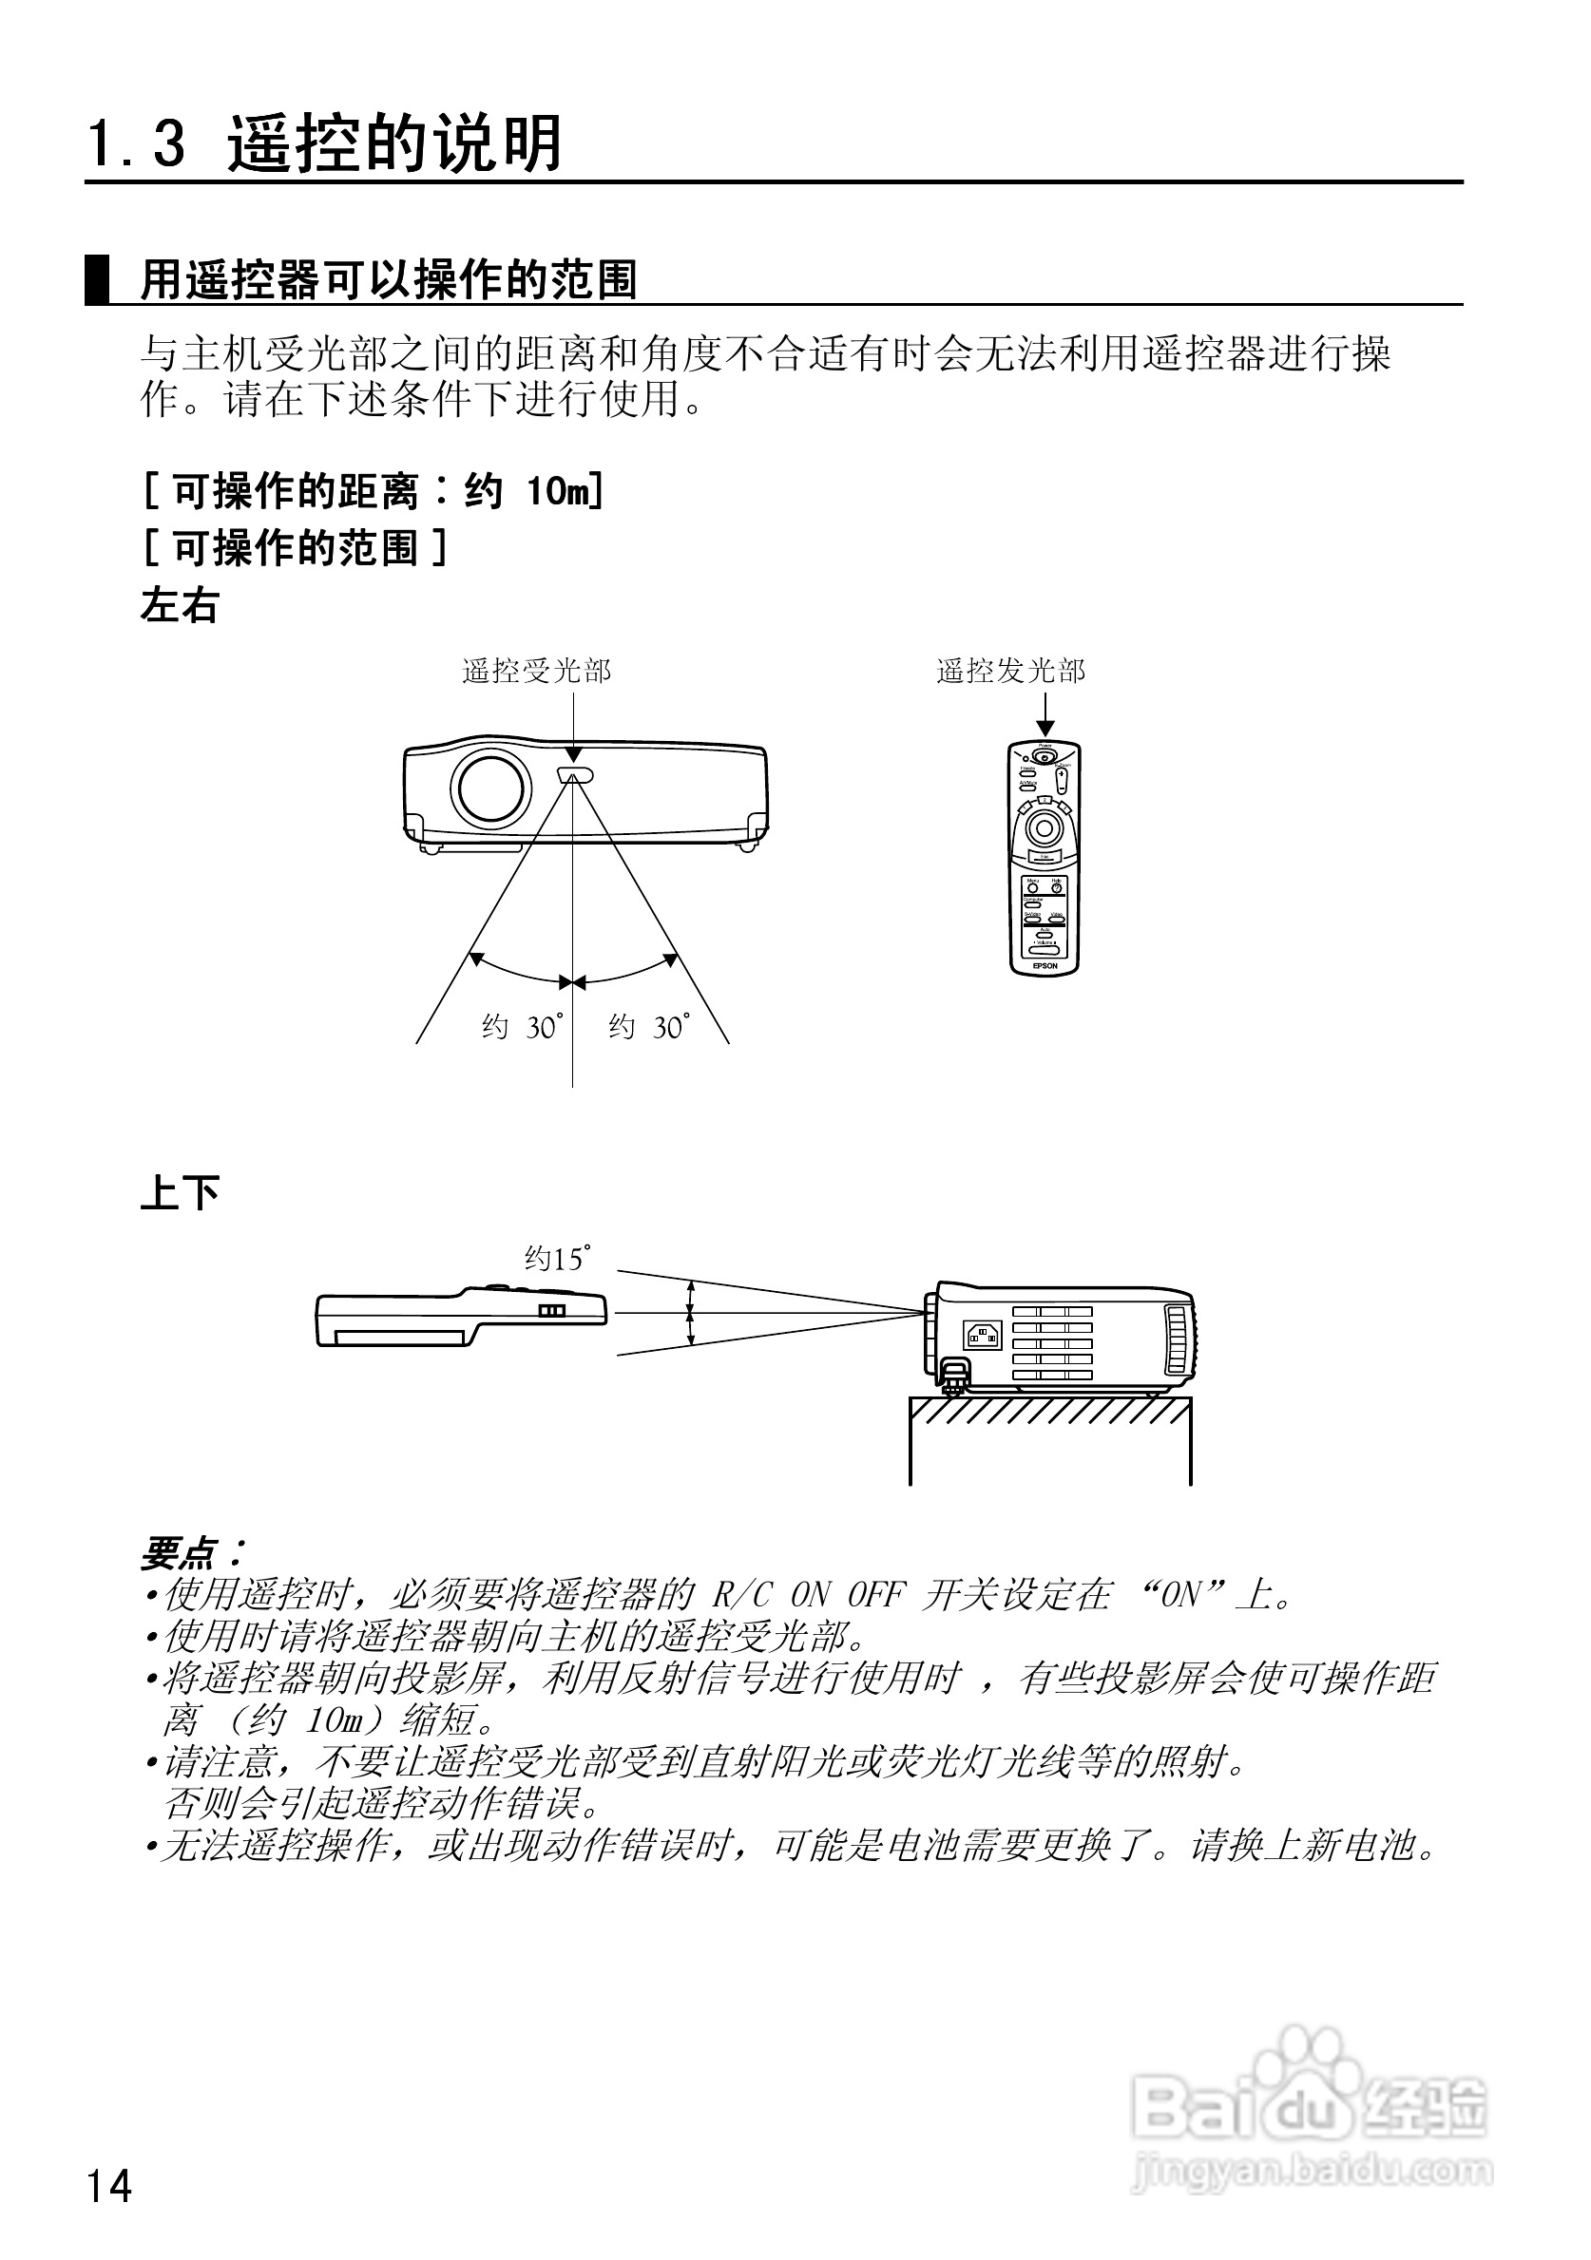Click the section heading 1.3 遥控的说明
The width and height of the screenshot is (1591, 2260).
coord(325,144)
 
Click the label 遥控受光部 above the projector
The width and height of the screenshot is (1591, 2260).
coord(537,672)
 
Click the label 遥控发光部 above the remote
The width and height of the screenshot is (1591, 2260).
coord(1010,672)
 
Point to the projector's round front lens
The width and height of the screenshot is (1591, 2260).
coord(490,788)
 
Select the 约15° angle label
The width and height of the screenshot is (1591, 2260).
coord(557,1259)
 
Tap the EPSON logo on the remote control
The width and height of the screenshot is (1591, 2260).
coord(1045,965)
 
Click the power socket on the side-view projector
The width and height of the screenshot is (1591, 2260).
coord(983,1335)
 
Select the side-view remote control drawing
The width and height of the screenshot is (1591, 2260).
coord(460,1315)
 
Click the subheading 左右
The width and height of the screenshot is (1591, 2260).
coord(180,605)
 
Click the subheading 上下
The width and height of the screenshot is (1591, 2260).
coord(180,1192)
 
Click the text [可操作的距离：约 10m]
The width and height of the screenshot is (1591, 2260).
coord(374,490)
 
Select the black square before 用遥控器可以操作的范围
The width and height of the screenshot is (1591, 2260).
coord(98,280)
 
